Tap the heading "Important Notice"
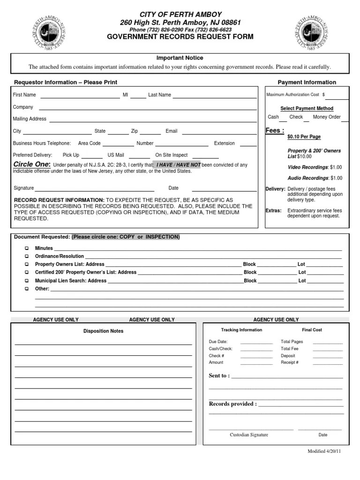tap(180, 58)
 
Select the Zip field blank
tap(150, 133)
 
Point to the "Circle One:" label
tap(32, 165)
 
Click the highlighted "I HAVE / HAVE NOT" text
tap(178, 165)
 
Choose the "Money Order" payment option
tap(327, 117)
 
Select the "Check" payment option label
tap(296, 117)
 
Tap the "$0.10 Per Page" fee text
tap(304, 137)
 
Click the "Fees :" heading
tap(275, 131)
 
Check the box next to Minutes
tap(27, 248)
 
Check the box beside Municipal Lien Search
tap(27, 281)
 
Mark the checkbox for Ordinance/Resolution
tap(27, 256)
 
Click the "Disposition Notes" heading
tap(104, 331)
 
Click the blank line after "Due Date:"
tap(256, 343)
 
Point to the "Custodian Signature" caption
tap(249, 435)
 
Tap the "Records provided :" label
tap(232, 404)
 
